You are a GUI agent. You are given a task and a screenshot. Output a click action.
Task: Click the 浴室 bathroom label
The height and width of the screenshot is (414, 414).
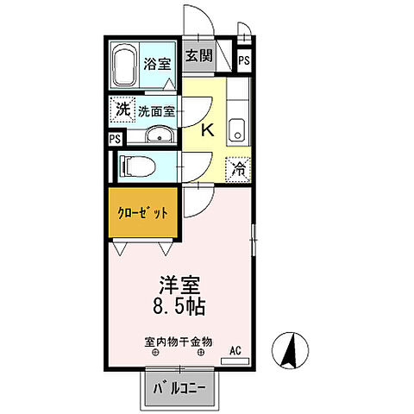pyautogui.click(x=156, y=63)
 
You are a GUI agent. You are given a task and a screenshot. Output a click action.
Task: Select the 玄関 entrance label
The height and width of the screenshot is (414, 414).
pyautogui.click(x=198, y=57)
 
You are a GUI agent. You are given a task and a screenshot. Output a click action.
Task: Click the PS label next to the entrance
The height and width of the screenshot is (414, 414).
pyautogui.click(x=244, y=60)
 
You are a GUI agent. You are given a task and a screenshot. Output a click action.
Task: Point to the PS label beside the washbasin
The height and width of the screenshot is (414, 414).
pyautogui.click(x=115, y=138)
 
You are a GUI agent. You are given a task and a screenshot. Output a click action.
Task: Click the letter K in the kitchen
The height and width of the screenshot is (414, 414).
pyautogui.click(x=208, y=130)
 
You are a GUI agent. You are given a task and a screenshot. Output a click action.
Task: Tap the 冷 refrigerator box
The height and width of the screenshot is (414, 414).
pyautogui.click(x=239, y=169)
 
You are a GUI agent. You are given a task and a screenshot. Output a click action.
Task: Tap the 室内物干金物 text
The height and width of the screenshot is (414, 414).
pyautogui.click(x=179, y=341)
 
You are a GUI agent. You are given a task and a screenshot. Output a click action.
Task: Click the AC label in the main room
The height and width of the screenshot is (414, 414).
pyautogui.click(x=234, y=350)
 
